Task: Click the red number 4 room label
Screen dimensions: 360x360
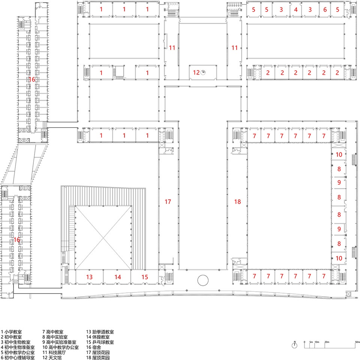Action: (296, 10)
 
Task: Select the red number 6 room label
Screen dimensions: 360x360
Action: (325, 10)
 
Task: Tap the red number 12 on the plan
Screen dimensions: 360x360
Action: (196, 73)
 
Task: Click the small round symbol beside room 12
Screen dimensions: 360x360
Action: (203, 73)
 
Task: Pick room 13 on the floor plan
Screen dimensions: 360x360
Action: (89, 277)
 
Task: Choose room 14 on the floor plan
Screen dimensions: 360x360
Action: (118, 277)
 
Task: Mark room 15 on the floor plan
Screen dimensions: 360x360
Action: (145, 277)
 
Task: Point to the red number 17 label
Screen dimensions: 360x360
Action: (168, 202)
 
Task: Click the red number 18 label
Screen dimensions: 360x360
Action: (237, 202)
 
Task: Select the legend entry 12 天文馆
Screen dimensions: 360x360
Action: (52, 357)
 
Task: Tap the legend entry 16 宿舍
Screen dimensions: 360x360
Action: (94, 347)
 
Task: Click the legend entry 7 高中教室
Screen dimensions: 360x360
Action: (53, 332)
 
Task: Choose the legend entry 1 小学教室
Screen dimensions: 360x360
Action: (11, 332)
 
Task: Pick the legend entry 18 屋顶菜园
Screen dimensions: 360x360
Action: (98, 357)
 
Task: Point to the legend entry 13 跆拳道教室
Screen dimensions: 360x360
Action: (100, 332)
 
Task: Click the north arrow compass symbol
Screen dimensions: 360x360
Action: (295, 345)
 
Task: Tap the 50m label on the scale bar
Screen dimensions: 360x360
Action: (357, 342)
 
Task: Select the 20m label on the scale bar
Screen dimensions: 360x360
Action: (327, 342)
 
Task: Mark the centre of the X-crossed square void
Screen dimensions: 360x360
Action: (103, 238)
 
